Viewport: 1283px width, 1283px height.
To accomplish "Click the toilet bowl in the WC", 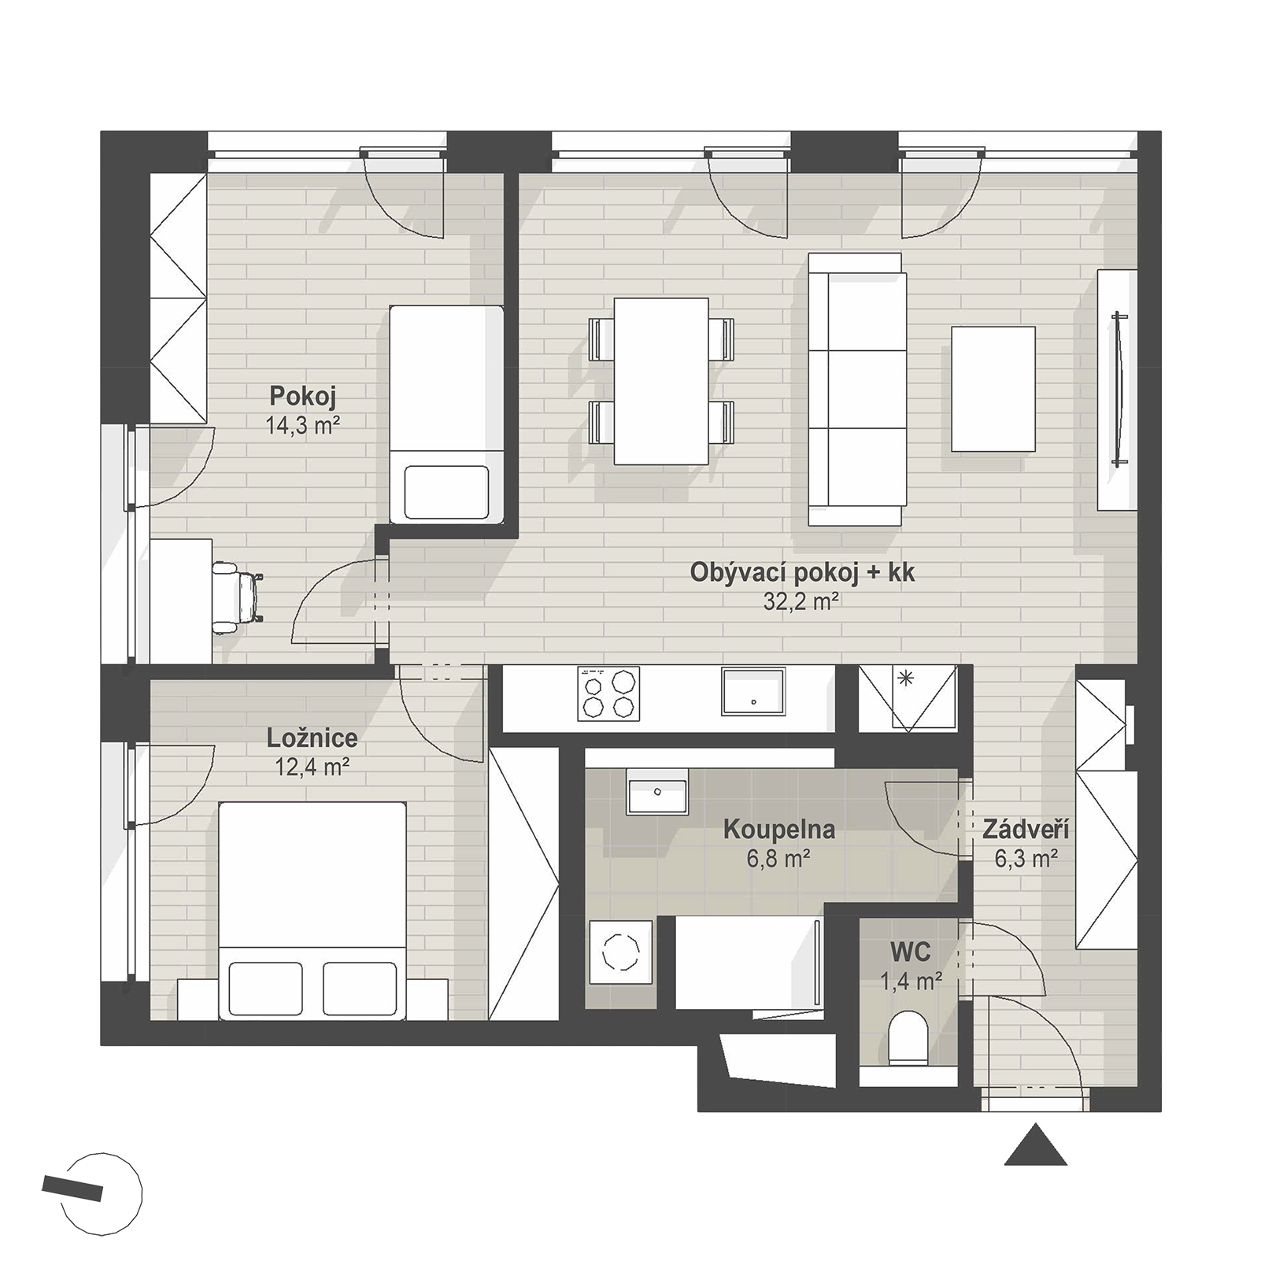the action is (x=909, y=1039).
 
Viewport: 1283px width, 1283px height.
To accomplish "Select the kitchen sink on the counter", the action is (x=753, y=692).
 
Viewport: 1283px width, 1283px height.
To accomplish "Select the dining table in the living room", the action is (x=660, y=381).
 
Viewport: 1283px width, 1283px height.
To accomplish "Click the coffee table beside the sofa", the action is (x=993, y=389).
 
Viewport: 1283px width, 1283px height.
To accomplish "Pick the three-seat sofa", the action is (x=856, y=389).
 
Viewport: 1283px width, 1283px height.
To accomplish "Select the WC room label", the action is (x=911, y=952).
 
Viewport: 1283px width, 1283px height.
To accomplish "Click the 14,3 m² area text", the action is (x=303, y=426).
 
